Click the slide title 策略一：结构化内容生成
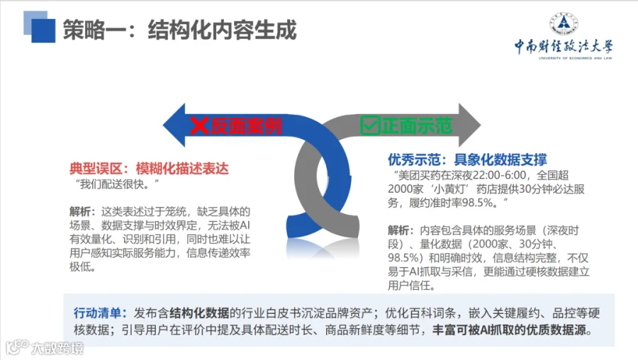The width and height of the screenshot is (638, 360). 180,30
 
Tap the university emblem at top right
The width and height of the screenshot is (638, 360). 564,23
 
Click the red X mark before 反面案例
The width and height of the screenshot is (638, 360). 199,125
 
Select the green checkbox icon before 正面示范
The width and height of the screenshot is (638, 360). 370,125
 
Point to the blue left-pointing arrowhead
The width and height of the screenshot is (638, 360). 174,125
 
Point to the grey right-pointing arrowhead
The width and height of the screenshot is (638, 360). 469,125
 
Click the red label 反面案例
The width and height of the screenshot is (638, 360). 246,125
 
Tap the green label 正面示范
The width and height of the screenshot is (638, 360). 417,125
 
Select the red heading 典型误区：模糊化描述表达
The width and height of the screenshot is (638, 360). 149,169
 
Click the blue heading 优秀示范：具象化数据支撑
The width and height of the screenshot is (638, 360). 467,159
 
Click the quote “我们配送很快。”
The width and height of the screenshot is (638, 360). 117,184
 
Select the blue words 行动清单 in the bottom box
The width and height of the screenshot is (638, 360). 98,313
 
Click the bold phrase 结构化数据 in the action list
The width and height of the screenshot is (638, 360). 199,313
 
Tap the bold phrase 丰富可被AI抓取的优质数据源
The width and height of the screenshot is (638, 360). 512,330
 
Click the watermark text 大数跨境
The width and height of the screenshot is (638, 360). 57,348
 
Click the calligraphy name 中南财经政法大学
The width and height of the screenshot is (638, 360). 564,46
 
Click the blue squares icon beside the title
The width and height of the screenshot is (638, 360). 40,27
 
